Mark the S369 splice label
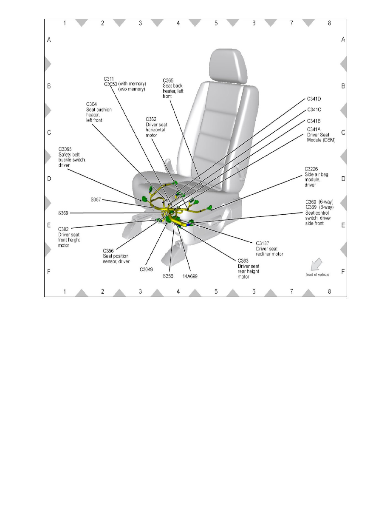[x=64, y=213]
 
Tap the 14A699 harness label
[x=190, y=276]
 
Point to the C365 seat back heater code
[x=168, y=80]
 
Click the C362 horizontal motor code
[x=151, y=119]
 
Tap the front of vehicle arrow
[x=316, y=264]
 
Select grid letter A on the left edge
[x=49, y=40]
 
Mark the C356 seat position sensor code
[x=108, y=251]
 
